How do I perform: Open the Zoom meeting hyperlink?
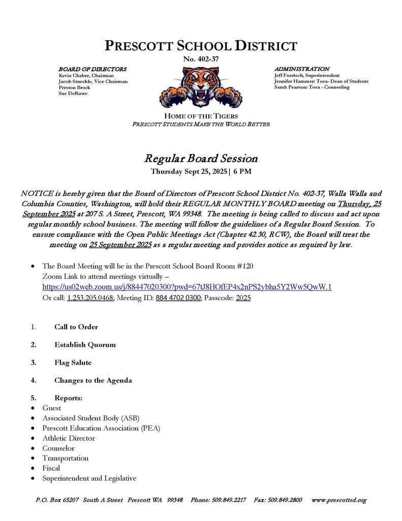(x=187, y=287)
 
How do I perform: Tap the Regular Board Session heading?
(x=201, y=158)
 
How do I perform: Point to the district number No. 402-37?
(x=201, y=60)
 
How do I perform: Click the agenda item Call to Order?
(x=76, y=327)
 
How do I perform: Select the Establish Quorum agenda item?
(x=85, y=344)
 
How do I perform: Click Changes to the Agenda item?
(x=93, y=380)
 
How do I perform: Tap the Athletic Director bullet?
(x=69, y=438)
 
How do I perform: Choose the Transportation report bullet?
(x=66, y=458)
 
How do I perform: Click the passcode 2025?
(x=243, y=298)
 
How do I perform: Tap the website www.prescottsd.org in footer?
(x=338, y=500)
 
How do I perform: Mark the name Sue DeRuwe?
(x=73, y=94)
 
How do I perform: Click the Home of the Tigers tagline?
(x=201, y=117)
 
